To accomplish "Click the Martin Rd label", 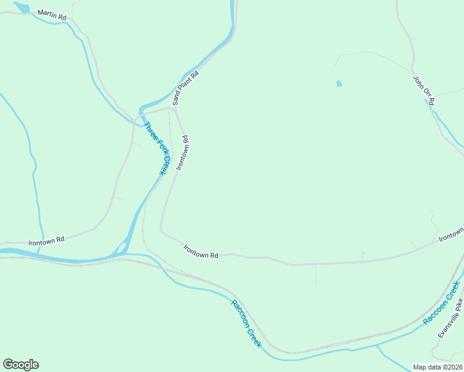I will pyautogui.click(x=51, y=14).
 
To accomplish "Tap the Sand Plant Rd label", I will pyautogui.click(x=185, y=87).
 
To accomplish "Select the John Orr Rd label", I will pyautogui.click(x=424, y=90).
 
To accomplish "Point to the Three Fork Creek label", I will pyautogui.click(x=156, y=148).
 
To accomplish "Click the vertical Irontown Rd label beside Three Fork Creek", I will pyautogui.click(x=182, y=153).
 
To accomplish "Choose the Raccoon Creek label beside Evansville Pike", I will pyautogui.click(x=442, y=303).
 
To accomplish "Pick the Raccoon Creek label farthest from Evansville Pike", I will pyautogui.click(x=247, y=324).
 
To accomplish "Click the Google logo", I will pyautogui.click(x=20, y=365).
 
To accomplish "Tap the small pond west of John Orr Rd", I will pyautogui.click(x=339, y=84).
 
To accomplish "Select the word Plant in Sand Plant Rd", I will pyautogui.click(x=186, y=86).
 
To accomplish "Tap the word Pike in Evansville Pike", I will pyautogui.click(x=458, y=304).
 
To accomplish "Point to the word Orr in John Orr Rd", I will pyautogui.click(x=425, y=91).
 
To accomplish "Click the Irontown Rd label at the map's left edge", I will pyautogui.click(x=47, y=240).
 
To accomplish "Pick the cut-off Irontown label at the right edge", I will pyautogui.click(x=451, y=234).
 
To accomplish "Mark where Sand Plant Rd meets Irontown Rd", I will pyautogui.click(x=175, y=110).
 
